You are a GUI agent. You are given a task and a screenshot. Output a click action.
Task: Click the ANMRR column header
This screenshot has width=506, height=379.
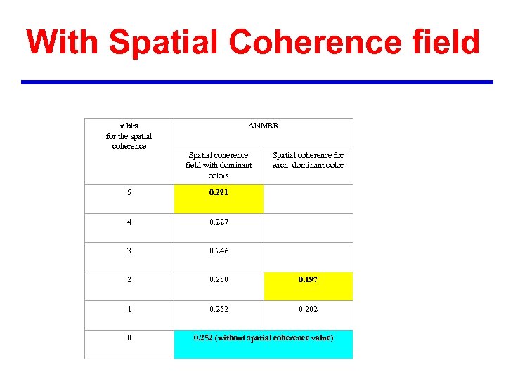click(263, 126)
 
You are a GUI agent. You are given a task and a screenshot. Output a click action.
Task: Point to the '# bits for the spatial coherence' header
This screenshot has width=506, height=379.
click(129, 135)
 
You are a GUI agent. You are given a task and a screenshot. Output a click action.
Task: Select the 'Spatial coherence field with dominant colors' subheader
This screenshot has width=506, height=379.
click(219, 165)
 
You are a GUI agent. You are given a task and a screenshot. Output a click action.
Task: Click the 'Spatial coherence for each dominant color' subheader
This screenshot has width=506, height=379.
click(308, 160)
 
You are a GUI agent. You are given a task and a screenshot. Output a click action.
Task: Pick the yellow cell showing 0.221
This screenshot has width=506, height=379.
click(219, 192)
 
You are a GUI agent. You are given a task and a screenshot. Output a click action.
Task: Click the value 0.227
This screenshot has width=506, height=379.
click(219, 222)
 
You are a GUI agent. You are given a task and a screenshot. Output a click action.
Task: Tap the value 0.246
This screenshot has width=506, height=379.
click(219, 251)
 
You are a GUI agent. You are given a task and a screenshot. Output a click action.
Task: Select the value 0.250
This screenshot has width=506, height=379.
click(219, 279)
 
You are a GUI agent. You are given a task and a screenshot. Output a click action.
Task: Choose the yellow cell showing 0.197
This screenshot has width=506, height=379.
click(308, 279)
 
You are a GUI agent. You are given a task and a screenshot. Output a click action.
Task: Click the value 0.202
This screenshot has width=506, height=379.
click(308, 309)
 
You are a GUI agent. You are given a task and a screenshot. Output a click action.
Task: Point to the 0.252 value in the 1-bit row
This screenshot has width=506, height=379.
click(219, 309)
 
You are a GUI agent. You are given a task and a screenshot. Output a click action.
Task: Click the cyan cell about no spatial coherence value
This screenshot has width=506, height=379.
click(263, 338)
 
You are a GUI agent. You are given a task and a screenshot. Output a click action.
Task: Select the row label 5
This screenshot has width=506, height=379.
click(129, 192)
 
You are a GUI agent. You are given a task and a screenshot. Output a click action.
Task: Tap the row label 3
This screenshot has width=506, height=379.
click(129, 251)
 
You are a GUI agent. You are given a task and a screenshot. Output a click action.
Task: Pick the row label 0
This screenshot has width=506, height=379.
click(129, 338)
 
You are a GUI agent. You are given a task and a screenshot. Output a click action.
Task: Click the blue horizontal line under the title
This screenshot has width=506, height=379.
click(257, 82)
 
